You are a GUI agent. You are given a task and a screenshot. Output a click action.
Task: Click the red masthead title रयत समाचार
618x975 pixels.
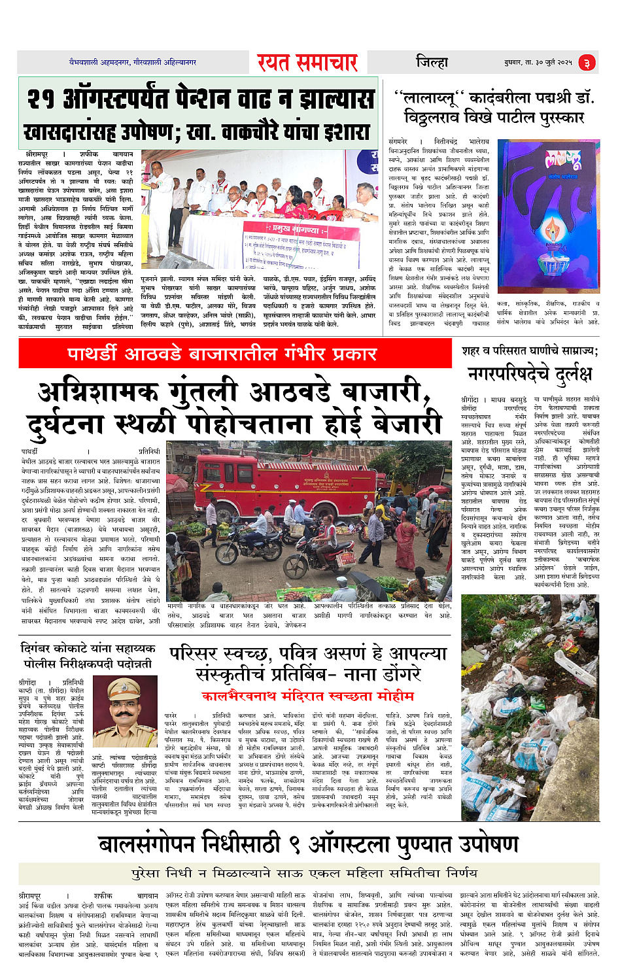pyautogui.click(x=307, y=63)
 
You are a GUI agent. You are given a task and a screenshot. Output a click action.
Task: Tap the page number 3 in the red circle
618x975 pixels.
pyautogui.click(x=587, y=63)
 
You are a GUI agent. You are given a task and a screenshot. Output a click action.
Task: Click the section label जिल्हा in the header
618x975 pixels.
pyautogui.click(x=432, y=63)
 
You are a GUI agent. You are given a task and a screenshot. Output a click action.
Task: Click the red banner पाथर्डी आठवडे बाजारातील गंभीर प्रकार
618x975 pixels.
pyautogui.click(x=222, y=354)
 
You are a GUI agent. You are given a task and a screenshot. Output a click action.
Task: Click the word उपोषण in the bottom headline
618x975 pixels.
pyautogui.click(x=479, y=845)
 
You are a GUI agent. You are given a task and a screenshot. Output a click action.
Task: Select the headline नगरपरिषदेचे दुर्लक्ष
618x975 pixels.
pyautogui.click(x=530, y=374)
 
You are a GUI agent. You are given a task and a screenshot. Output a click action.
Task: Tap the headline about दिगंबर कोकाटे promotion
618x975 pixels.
pyautogui.click(x=88, y=655)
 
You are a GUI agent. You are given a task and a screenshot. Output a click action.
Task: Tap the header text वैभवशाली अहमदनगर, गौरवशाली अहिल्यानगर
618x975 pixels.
pyautogui.click(x=133, y=62)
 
